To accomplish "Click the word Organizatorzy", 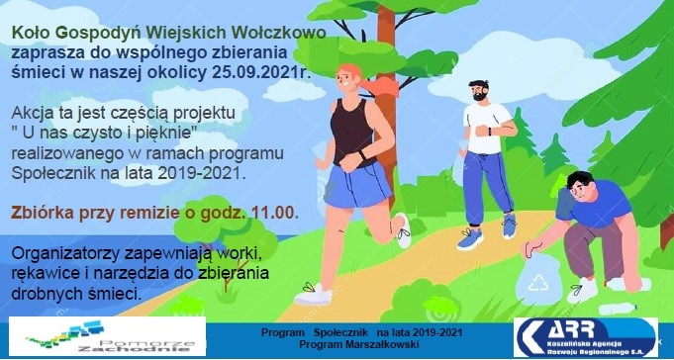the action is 65,254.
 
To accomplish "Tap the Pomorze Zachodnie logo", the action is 108,336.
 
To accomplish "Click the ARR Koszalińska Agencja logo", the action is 586,337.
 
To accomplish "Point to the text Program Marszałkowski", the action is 359,344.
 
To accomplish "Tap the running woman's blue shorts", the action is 358,185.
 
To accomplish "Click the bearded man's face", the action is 478,91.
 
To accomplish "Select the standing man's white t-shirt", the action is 487,128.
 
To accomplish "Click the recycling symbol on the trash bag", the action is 536,284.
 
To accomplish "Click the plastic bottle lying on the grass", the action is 618,309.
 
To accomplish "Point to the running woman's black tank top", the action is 352,131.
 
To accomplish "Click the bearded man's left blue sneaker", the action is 469,239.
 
